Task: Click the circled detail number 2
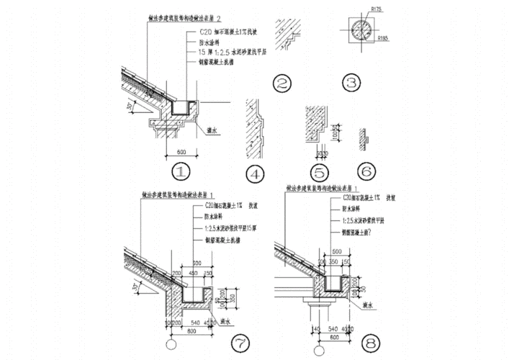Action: [x=284, y=84]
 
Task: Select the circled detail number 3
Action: [x=351, y=84]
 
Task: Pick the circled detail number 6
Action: [x=366, y=172]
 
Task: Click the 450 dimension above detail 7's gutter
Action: [x=192, y=273]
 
